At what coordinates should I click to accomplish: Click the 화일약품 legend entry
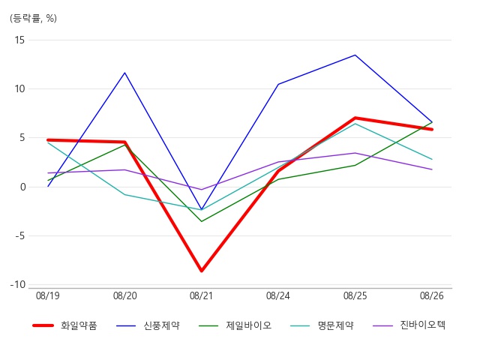tap(79, 325)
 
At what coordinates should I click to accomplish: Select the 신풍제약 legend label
tap(162, 325)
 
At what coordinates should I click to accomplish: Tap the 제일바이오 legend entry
tap(248, 325)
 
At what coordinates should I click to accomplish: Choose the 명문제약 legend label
tap(336, 325)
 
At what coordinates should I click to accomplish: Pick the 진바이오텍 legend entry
tap(423, 325)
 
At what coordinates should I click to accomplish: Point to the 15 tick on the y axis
tap(19, 40)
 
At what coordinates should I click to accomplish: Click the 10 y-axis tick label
tap(19, 89)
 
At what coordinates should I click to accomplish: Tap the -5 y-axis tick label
tap(19, 236)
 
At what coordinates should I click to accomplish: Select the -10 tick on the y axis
tap(18, 285)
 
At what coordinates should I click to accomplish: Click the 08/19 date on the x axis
tap(48, 295)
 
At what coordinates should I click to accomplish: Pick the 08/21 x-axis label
tap(201, 295)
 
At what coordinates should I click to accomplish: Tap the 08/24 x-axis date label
tap(278, 295)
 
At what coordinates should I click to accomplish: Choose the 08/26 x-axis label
tap(432, 295)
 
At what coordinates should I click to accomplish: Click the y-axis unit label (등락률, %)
tap(33, 18)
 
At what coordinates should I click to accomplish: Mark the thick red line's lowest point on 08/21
tap(202, 271)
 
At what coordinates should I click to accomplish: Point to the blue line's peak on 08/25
tap(355, 55)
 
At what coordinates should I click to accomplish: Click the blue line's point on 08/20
tap(125, 73)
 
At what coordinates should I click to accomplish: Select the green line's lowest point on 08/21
tap(202, 221)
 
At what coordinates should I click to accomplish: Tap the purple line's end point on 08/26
tap(432, 169)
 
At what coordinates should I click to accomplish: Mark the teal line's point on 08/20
tap(125, 195)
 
